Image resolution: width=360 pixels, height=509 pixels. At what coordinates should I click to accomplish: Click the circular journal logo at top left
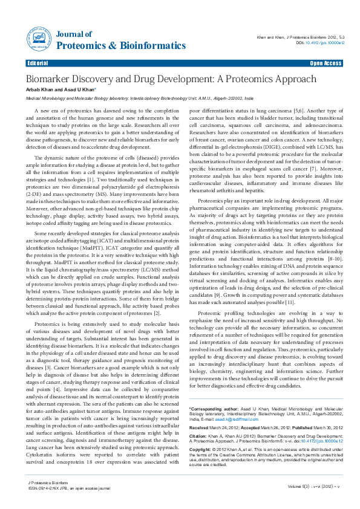point(38,40)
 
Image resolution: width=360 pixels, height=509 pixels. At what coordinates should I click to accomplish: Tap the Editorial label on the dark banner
point(38,63)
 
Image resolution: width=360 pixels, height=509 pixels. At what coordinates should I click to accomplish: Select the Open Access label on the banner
point(326,63)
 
